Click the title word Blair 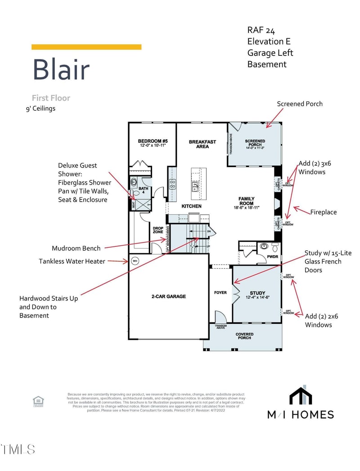tap(61, 70)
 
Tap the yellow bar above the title tap(86, 47)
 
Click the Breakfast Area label tap(202, 144)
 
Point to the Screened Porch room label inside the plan tap(255, 144)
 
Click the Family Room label tap(247, 201)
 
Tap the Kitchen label tap(192, 206)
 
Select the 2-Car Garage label tap(168, 296)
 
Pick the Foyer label tap(220, 293)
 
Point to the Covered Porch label tap(244, 336)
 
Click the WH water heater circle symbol tap(134, 260)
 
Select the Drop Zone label tap(158, 230)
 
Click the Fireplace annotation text tap(323, 212)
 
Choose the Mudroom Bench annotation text tap(76, 248)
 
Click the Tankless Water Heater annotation tap(72, 261)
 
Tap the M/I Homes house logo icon tap(301, 396)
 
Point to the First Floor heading tap(51, 98)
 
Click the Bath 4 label tap(143, 190)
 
